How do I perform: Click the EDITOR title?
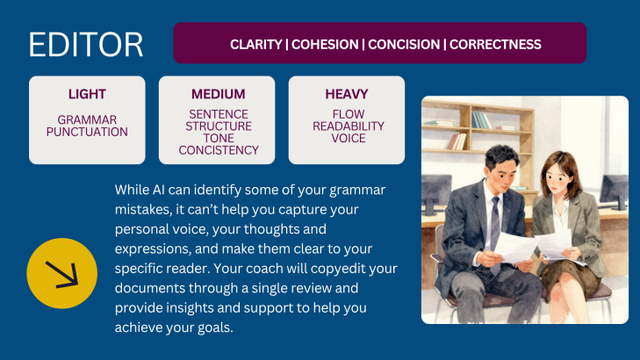coord(86,45)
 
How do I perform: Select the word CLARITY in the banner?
coord(256,45)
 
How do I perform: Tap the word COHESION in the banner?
coord(325,45)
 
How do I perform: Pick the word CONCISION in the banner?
coord(404,45)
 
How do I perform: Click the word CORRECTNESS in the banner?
coord(495,45)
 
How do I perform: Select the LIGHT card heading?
coord(87,94)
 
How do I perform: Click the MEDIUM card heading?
coord(219,94)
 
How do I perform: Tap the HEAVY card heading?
coord(347,94)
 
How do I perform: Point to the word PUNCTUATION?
coord(87,132)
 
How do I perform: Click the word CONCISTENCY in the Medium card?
coord(219,150)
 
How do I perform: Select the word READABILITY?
coord(349,126)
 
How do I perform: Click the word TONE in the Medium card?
coord(219,139)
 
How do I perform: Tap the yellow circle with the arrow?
coord(62,273)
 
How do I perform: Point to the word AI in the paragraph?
coord(158,190)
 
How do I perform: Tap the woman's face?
coord(557,177)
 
